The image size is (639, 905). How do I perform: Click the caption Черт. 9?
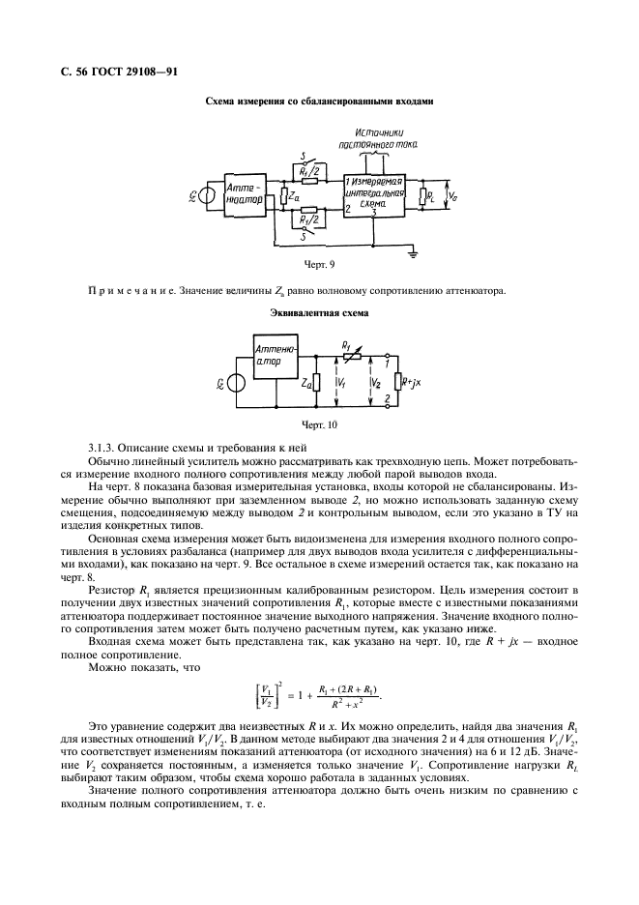click(x=319, y=263)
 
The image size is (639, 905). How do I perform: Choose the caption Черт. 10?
click(x=319, y=423)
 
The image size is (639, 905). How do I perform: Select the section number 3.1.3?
click(x=102, y=448)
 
